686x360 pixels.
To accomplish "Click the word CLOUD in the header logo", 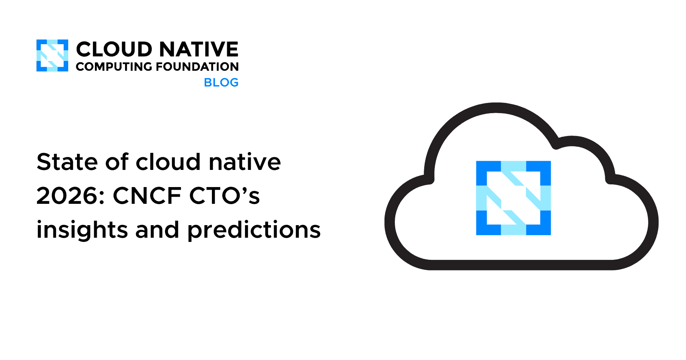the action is (114, 50).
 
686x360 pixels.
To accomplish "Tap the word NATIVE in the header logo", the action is (199, 50).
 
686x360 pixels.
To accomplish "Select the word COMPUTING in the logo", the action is (114, 67).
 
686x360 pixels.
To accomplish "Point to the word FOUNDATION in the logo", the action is (197, 67).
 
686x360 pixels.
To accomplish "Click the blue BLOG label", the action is (221, 82).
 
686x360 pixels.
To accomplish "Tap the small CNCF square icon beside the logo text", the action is (52, 56).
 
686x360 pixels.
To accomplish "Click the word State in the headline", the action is (67, 162).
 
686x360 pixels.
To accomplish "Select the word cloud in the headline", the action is (168, 162).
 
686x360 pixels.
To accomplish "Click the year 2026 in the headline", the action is (70, 196).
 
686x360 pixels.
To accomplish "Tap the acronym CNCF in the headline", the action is (147, 196).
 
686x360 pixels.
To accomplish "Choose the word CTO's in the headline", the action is (224, 196).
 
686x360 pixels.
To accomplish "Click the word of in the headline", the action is (117, 162).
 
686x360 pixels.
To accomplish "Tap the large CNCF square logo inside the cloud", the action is (513, 198).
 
